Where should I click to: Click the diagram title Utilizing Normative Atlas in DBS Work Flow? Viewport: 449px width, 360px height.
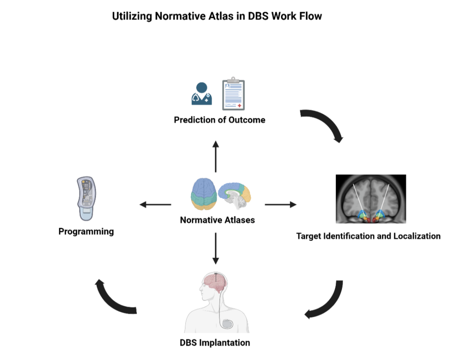tap(217, 16)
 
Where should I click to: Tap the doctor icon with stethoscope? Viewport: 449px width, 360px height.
tap(202, 94)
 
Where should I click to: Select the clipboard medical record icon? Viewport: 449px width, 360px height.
tap(233, 94)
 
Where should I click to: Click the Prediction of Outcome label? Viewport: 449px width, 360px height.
tap(220, 120)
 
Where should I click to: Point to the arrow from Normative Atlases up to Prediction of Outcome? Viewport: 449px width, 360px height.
tap(216, 156)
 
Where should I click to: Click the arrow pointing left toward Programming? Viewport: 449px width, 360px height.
tap(155, 204)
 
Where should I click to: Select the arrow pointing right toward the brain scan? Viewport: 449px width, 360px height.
tap(281, 204)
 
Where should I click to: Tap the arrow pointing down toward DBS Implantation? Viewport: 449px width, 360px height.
tap(216, 248)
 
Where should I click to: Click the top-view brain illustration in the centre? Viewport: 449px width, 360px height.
tap(204, 194)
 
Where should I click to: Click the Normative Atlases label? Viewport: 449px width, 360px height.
tap(217, 220)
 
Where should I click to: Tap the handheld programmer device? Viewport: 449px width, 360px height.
tap(86, 199)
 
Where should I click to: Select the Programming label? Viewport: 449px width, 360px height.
tap(86, 231)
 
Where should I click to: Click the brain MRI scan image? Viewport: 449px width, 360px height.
tap(371, 199)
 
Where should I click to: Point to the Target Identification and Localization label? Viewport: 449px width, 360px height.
tap(368, 236)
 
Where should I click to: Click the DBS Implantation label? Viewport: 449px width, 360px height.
tap(215, 343)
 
